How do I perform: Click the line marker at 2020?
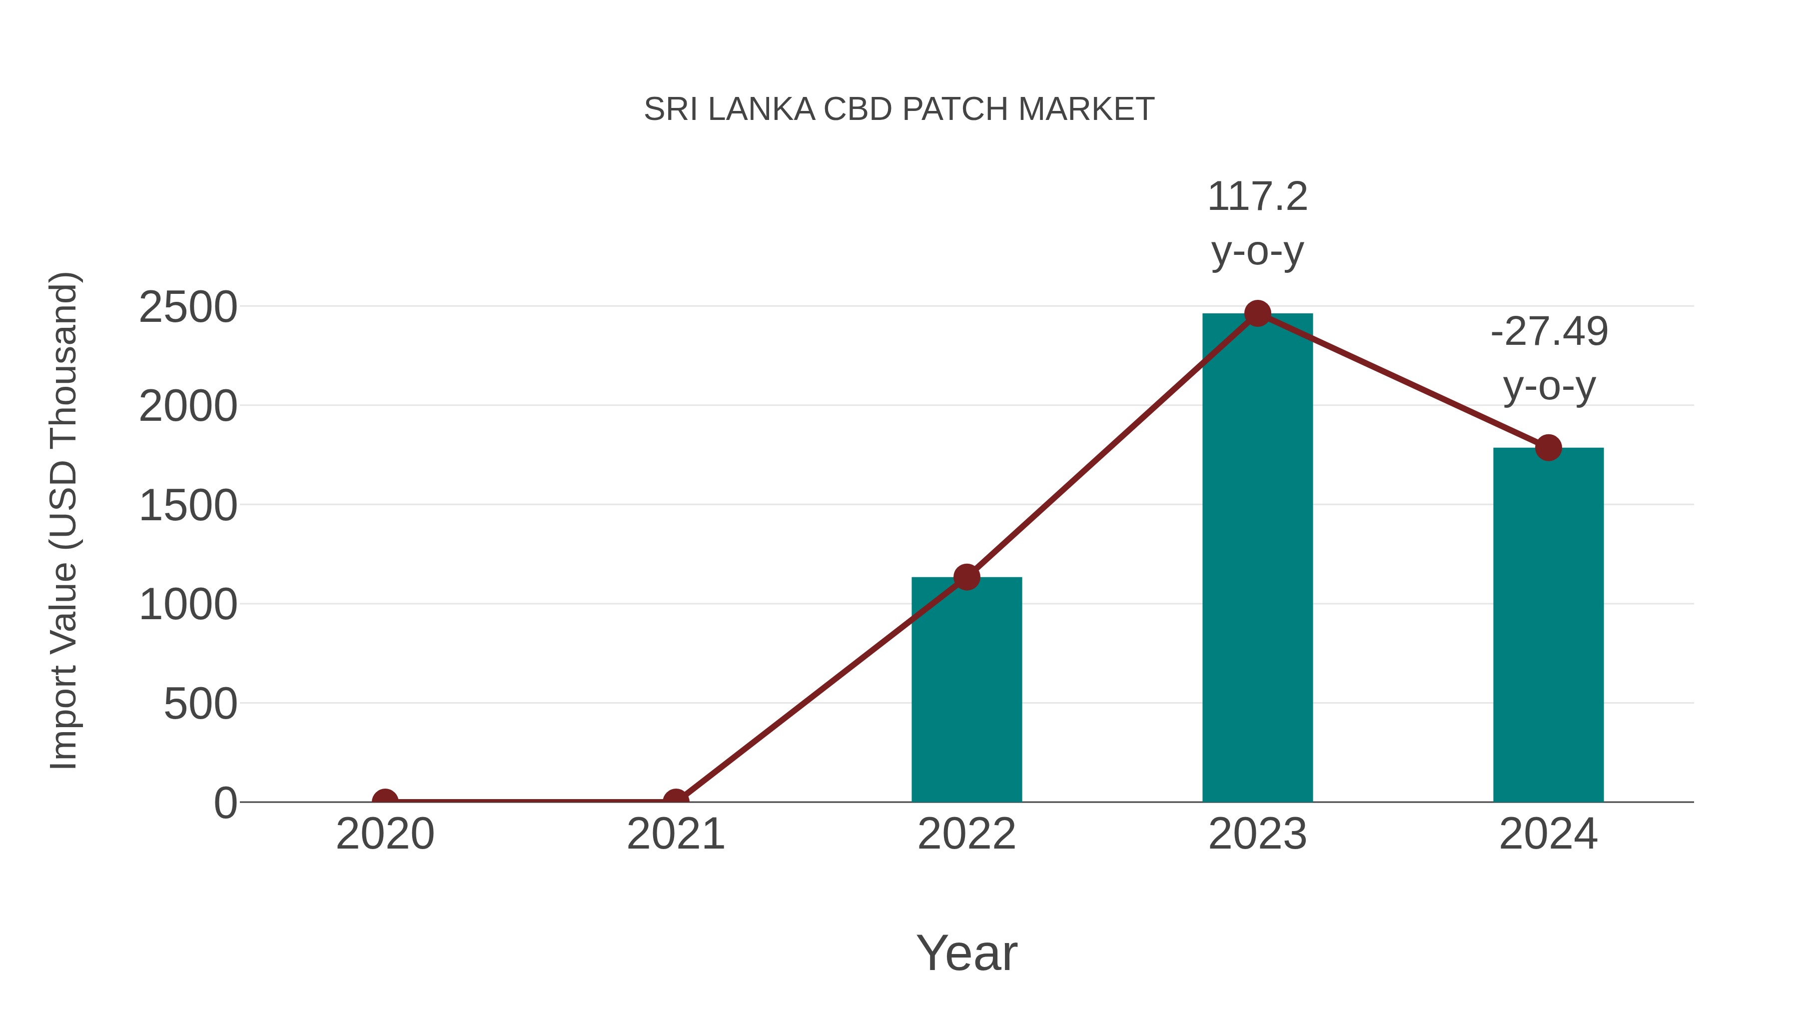pyautogui.click(x=385, y=801)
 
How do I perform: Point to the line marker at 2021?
pyautogui.click(x=675, y=801)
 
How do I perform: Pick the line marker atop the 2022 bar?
pyautogui.click(x=966, y=577)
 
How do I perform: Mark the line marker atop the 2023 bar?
pyautogui.click(x=1257, y=313)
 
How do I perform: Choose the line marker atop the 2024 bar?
pyautogui.click(x=1548, y=448)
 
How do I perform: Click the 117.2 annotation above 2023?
pyautogui.click(x=1257, y=197)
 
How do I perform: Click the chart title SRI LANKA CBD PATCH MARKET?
pyautogui.click(x=899, y=109)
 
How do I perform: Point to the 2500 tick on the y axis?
pyautogui.click(x=188, y=307)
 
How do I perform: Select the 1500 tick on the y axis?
pyautogui.click(x=188, y=506)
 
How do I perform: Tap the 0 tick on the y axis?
pyautogui.click(x=225, y=803)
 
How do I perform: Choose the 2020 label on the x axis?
pyautogui.click(x=385, y=834)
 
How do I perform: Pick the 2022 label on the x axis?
pyautogui.click(x=966, y=834)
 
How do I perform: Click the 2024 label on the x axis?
pyautogui.click(x=1548, y=834)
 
